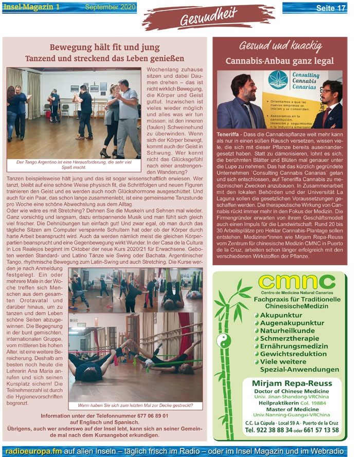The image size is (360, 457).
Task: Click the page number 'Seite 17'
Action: (x=330, y=8)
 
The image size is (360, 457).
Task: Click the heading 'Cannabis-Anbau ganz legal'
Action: (x=280, y=61)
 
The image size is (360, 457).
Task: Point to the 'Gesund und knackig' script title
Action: (x=280, y=45)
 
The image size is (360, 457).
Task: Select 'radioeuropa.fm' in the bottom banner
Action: (x=32, y=450)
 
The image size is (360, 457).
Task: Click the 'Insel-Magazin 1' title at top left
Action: (x=30, y=7)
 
